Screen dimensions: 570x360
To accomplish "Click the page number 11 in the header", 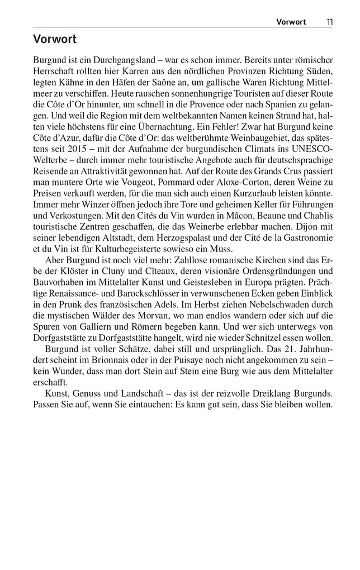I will [329, 22].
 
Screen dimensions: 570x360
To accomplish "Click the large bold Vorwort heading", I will [55, 39].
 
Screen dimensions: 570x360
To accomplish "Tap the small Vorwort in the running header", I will [291, 22].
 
